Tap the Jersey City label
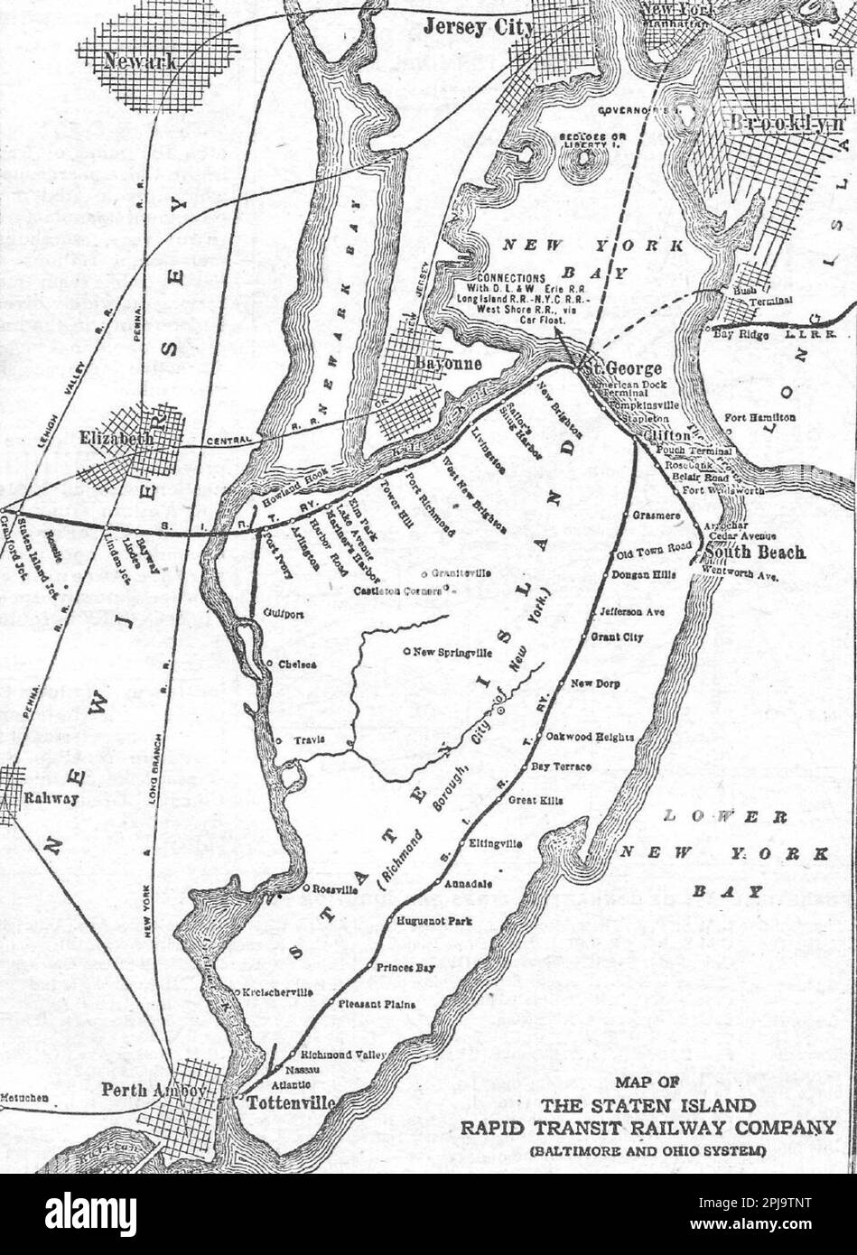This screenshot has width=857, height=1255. tap(479, 28)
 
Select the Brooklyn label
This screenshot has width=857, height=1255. tap(787, 125)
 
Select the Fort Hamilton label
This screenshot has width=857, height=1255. tap(759, 417)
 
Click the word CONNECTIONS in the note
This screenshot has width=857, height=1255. tap(511, 277)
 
